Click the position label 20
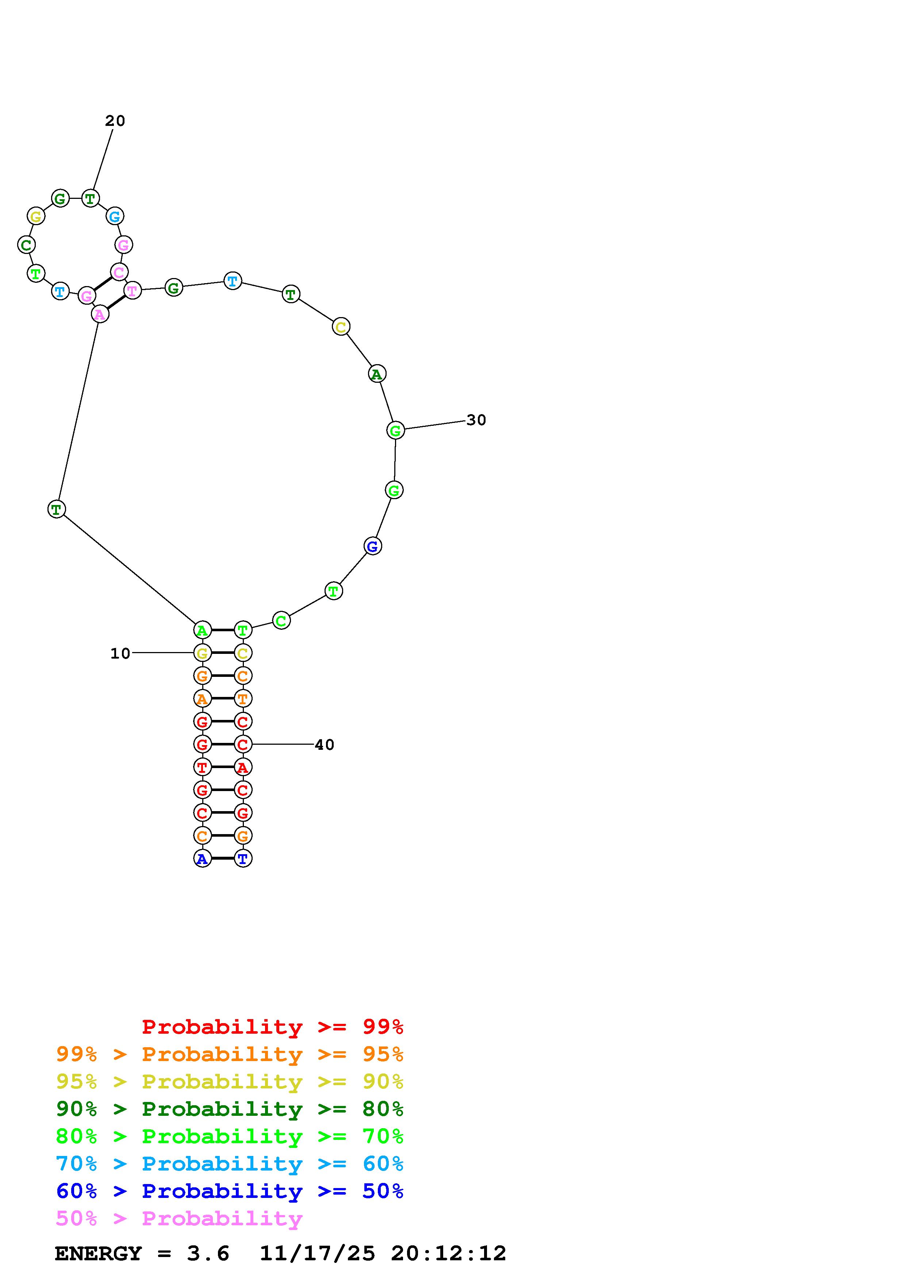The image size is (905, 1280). [x=115, y=121]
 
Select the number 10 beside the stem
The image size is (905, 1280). [x=120, y=654]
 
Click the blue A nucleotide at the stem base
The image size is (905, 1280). [x=202, y=859]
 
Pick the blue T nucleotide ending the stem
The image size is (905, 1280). [x=242, y=859]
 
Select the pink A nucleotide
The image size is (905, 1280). [x=100, y=315]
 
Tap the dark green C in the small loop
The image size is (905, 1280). [x=26, y=245]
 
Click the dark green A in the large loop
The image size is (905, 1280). [x=377, y=374]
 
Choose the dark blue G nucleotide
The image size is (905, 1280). [x=372, y=546]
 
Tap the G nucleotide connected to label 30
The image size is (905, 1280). [x=395, y=431]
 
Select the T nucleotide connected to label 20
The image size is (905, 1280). [x=90, y=198]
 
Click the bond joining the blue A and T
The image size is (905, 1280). [x=222, y=859]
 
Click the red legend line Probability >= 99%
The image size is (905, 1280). [x=273, y=1027]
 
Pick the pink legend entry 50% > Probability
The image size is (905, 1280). [x=179, y=1219]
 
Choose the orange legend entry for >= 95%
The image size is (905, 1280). [x=230, y=1054]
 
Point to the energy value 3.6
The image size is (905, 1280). [x=208, y=1254]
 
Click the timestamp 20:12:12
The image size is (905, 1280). [x=448, y=1254]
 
